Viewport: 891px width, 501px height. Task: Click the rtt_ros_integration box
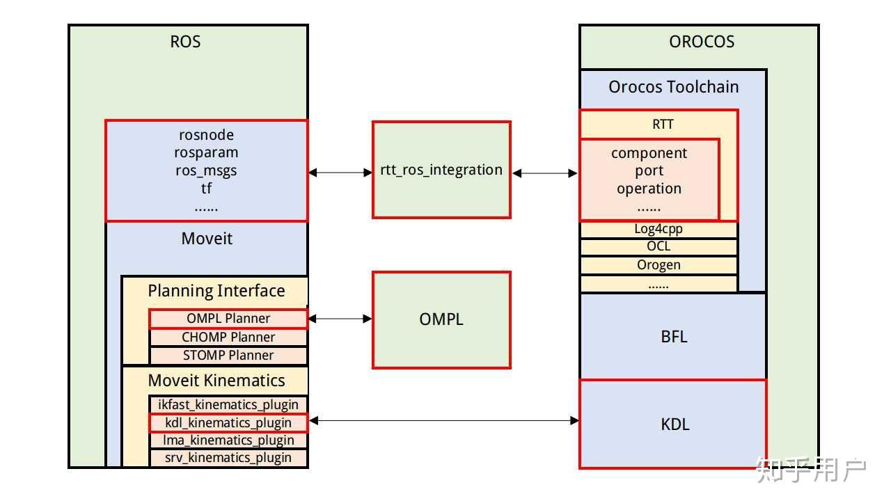coord(441,170)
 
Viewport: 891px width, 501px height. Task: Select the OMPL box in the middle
coord(441,319)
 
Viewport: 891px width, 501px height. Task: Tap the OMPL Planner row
coord(228,319)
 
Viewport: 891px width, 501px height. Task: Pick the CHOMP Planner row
coord(228,337)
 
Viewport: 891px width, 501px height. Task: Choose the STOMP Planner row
coord(228,356)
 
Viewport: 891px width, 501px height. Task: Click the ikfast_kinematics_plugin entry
coord(228,405)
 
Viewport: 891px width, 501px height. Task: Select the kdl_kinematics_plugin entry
coord(228,422)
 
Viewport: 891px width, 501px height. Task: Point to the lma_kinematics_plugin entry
coord(228,440)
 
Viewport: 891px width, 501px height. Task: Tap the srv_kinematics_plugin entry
coord(228,458)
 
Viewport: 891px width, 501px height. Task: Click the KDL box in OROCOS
coord(674,424)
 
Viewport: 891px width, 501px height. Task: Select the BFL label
coord(674,337)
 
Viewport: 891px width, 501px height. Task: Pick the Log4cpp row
coord(659,229)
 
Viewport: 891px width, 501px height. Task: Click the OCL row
coord(659,247)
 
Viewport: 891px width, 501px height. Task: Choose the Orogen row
coord(659,265)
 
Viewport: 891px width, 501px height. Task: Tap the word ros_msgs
coord(206,170)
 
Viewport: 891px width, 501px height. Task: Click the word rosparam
coord(206,152)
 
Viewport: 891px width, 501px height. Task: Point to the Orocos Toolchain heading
coord(673,87)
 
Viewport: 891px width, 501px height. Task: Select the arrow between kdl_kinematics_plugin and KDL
coord(443,420)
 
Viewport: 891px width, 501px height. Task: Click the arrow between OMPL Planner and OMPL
coord(340,319)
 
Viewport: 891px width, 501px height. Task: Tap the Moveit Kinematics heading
coord(216,381)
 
